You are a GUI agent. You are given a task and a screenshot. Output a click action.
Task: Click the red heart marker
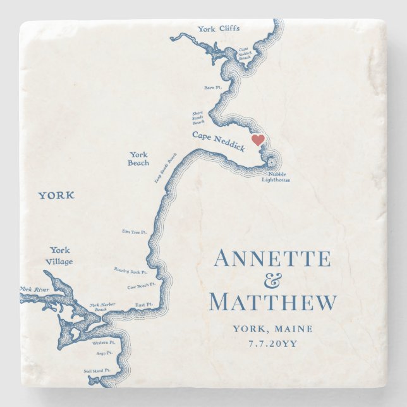click(258, 140)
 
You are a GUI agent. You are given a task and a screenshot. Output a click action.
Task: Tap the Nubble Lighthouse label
click(276, 176)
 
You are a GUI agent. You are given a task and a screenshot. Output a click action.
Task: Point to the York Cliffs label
click(218, 28)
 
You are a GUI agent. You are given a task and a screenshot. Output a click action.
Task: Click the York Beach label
click(139, 159)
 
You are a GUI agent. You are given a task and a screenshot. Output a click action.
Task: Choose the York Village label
click(61, 255)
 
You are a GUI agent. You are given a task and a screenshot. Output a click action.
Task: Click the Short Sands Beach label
click(198, 118)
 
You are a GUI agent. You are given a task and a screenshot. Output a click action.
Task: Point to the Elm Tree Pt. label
click(135, 232)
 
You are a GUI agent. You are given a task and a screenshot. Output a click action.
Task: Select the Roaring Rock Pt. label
click(131, 272)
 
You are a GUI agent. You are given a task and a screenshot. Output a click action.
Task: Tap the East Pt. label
click(144, 305)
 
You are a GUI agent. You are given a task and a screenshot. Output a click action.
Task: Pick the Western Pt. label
click(104, 343)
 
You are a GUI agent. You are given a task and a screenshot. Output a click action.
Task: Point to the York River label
click(34, 289)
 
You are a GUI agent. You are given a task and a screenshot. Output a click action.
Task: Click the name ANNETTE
click(272, 259)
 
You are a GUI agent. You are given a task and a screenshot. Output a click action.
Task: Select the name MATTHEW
click(272, 302)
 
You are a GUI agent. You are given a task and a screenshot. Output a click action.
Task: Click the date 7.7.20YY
click(272, 345)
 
